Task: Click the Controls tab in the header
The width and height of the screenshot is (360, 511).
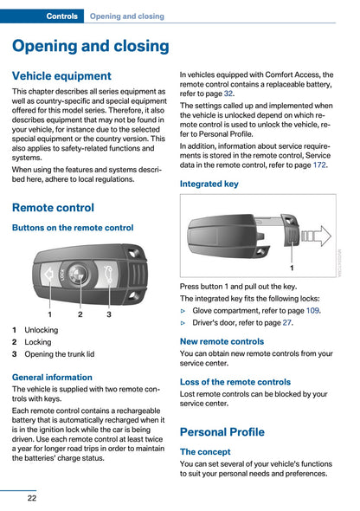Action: pos(61,16)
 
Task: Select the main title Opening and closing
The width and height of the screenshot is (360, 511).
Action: pos(91,46)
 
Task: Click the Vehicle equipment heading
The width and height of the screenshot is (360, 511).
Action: pos(61,76)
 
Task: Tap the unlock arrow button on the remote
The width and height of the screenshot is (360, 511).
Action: pos(49,275)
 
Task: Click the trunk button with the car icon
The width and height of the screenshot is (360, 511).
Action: pos(107,273)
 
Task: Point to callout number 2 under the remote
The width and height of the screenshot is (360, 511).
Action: pos(80,314)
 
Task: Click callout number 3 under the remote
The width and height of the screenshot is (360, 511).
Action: pos(109,314)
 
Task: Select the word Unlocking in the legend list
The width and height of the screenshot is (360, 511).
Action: pos(42,330)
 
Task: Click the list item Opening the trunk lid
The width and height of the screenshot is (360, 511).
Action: pos(60,354)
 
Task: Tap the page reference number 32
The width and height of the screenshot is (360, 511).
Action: pos(228,94)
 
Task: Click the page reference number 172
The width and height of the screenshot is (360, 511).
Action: pos(319,165)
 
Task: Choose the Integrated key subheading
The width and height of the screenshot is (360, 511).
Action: pos(209,184)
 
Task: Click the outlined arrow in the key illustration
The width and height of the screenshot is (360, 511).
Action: pos(317,236)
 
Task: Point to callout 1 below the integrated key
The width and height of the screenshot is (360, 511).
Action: pos(292,268)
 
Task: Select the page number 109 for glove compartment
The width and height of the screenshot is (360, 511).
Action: pos(312,311)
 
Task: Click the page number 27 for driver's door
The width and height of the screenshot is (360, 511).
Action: pos(286,323)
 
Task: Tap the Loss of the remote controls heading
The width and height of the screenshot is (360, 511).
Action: pos(235,382)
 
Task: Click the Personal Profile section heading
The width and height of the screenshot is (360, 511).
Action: pos(222,432)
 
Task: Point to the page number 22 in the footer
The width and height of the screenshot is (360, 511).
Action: pos(32,498)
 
